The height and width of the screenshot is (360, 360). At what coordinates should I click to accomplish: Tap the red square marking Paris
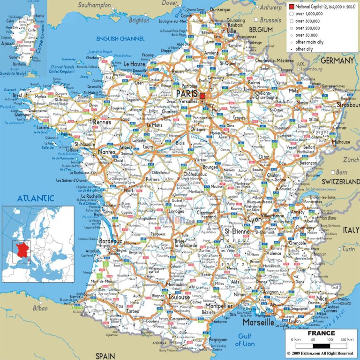tap(202, 96)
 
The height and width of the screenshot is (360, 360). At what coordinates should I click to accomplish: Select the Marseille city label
tap(258, 323)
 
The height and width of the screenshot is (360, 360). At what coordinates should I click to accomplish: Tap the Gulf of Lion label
tap(246, 339)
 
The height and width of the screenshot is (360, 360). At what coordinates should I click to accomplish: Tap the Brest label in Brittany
tap(17, 95)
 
